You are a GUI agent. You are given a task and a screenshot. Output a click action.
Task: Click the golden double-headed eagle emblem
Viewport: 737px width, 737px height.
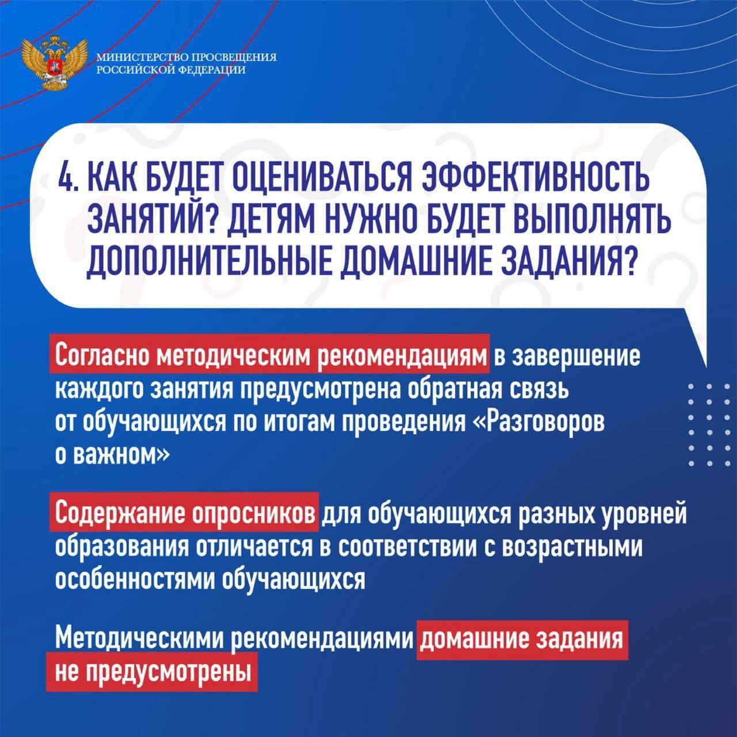point(55,63)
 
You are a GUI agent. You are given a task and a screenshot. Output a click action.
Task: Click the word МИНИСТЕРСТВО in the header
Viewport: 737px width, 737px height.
point(142,58)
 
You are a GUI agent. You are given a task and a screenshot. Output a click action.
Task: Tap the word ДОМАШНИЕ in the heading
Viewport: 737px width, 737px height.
point(413,261)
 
